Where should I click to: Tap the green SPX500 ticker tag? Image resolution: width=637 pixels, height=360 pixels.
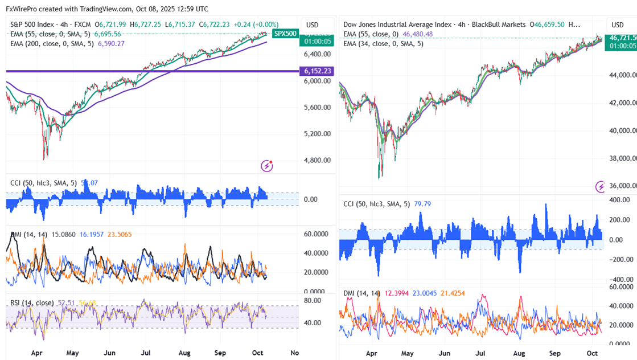(285, 34)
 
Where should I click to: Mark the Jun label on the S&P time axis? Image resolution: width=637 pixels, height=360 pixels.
(111, 353)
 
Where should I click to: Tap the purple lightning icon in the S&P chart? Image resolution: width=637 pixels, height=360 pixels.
(267, 166)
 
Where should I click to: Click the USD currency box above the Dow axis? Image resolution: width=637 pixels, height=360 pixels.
(618, 24)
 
